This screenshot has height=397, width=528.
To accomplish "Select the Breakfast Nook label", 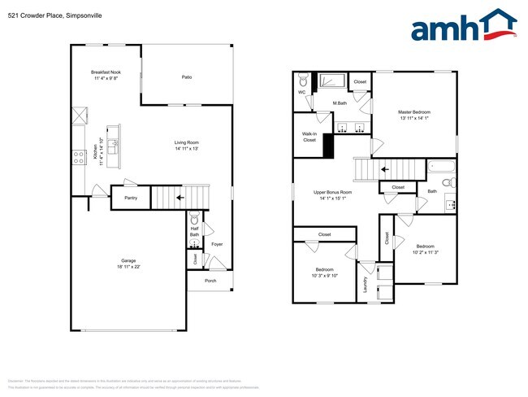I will (x=106, y=72).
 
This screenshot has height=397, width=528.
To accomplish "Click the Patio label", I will (x=186, y=77).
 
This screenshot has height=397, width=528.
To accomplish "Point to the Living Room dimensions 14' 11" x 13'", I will (x=186, y=149).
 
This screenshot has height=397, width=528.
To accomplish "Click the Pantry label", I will (x=130, y=198).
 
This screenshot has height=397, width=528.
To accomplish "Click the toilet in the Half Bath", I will (x=193, y=220).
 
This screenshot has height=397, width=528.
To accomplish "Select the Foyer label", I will (x=217, y=244).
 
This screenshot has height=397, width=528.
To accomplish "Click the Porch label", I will (x=210, y=281).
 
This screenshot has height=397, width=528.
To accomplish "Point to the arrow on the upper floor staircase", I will (x=385, y=169).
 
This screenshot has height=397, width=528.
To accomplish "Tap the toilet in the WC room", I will (x=302, y=81).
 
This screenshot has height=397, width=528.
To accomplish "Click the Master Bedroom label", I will (x=413, y=111).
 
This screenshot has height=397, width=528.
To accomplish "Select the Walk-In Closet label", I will (x=309, y=137).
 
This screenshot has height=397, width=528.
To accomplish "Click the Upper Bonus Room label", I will (x=331, y=192).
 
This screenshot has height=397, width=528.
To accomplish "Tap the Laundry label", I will (x=366, y=285).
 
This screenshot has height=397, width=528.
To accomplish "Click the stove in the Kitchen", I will (x=79, y=158).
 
